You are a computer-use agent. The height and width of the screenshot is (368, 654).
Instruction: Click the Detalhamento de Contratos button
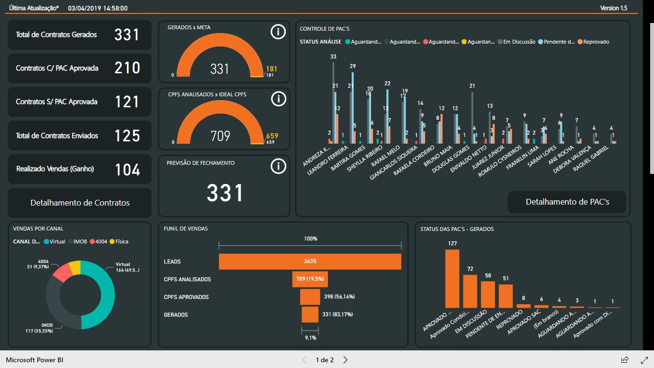coord(79,203)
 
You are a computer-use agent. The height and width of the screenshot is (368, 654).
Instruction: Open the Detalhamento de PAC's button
coord(567,202)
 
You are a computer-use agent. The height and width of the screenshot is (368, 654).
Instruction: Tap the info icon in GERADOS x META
coord(278,32)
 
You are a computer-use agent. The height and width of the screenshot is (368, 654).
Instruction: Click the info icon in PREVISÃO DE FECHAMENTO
coord(278,166)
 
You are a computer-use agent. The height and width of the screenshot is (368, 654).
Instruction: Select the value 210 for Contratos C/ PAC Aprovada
coord(127,68)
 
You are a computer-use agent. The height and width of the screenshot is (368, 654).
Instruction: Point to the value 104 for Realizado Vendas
coord(127,170)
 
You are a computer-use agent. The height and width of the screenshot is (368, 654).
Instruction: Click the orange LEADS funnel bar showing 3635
coord(310,262)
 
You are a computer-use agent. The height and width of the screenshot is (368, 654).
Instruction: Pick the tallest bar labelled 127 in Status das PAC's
coord(452,278)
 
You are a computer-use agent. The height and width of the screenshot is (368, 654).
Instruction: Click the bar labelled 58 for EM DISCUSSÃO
coord(487,294)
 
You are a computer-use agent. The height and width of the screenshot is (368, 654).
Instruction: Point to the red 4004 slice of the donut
coord(62,272)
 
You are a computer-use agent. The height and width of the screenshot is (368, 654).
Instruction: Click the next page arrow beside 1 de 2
coord(346,360)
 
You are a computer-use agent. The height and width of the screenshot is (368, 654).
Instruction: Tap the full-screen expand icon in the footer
coord(644,360)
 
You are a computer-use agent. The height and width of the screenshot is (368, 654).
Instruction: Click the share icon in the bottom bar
coord(625,360)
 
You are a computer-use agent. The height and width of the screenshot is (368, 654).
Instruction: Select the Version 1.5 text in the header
coord(613,8)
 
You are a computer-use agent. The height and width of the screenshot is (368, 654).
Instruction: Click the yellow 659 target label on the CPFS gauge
coord(272,136)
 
